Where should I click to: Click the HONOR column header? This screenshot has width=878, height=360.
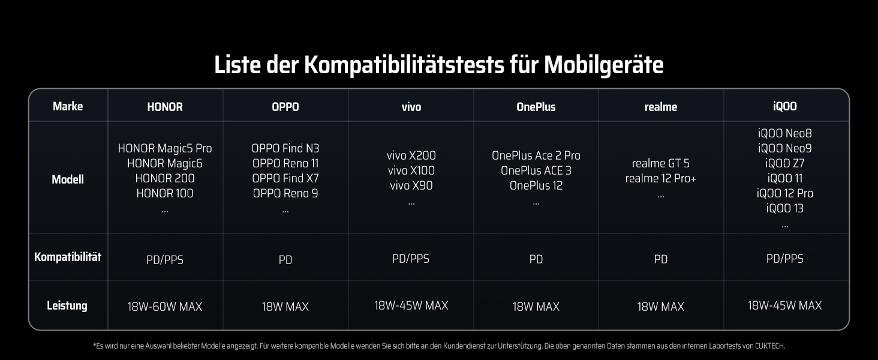coord(164,107)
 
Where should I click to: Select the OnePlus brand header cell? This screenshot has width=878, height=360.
coord(536,107)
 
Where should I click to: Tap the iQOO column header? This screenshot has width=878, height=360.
coord(784,106)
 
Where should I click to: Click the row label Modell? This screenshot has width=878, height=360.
coord(68,179)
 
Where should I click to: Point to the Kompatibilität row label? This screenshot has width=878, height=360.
coord(68,257)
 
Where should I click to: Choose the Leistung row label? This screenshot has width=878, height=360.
coord(67,305)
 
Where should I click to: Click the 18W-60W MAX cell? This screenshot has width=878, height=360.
coord(164,306)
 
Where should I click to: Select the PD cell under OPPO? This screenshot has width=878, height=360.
coord(285,260)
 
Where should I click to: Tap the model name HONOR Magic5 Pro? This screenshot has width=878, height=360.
coord(164,148)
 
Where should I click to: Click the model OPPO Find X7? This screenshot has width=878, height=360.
coord(285,178)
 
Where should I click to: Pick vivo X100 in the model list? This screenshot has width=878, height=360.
coord(411,170)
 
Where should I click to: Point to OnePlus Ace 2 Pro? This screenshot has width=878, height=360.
coord(536,155)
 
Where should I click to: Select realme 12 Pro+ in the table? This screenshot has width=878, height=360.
coord(661,178)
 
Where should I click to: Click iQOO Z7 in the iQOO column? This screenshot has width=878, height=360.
coord(784,163)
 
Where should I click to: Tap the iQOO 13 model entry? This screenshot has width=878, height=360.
coord(784,208)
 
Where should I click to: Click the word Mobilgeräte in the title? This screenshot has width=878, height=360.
coord(603,65)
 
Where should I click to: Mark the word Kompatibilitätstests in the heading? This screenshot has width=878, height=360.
coord(404,65)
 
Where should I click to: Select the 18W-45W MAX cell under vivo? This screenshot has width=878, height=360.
coord(411,305)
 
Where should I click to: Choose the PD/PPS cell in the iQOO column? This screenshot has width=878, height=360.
coord(784,259)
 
